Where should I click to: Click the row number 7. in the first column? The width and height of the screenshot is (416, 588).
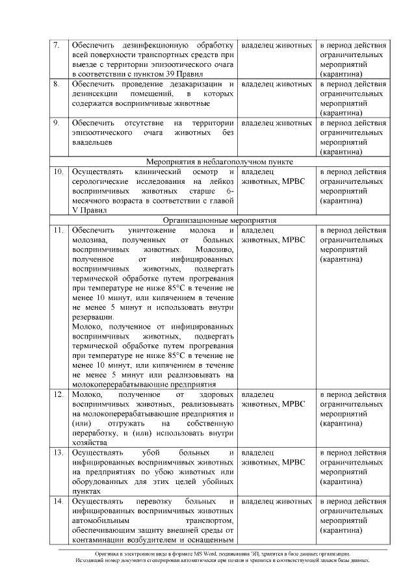tap(56, 45)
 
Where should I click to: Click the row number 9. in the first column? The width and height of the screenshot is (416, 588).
tap(56, 123)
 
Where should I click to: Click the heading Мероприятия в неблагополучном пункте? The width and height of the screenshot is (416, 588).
tap(219, 162)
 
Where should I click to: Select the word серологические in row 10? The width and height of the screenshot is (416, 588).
tap(101, 181)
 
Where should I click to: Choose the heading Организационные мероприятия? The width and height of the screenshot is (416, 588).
tap(219, 220)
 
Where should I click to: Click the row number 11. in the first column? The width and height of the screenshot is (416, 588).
tap(57, 230)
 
